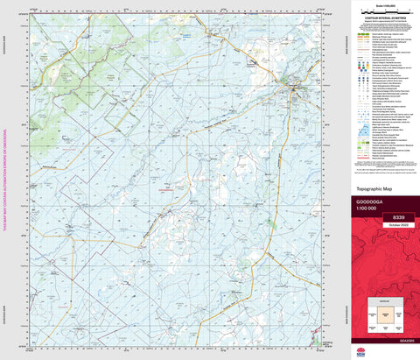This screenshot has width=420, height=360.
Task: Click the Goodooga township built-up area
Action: pyautogui.click(x=295, y=89)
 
